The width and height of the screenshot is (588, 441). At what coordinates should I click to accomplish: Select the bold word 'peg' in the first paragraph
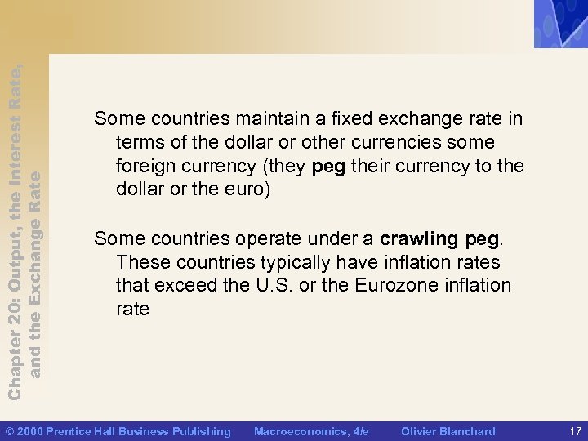[329, 167]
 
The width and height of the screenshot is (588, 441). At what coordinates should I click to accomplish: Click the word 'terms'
[141, 143]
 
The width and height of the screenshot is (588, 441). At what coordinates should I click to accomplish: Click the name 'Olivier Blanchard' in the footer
[448, 431]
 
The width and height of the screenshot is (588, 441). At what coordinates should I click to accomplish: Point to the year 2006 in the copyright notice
[30, 431]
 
